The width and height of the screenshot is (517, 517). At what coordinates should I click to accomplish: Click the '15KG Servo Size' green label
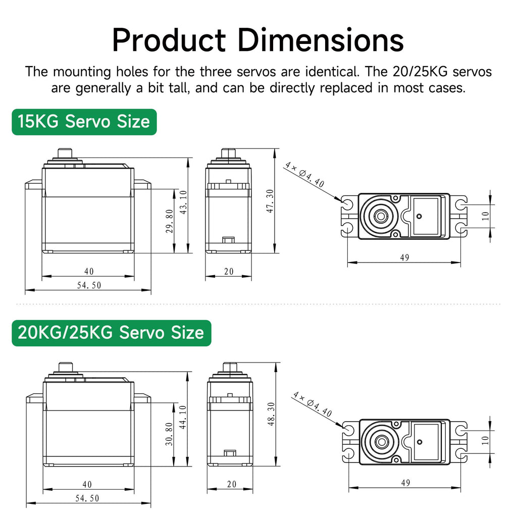(x=84, y=122)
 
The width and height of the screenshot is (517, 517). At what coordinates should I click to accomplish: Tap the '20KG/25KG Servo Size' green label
(x=112, y=333)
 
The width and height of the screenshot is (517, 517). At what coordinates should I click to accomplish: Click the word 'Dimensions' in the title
(x=320, y=40)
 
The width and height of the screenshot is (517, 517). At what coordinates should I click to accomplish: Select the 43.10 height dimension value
(x=183, y=202)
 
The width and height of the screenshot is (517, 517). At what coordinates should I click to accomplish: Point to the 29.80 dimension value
(x=170, y=221)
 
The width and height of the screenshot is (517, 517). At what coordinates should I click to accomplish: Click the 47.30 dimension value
(x=270, y=201)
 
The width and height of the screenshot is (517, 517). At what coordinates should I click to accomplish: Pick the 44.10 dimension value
(x=183, y=417)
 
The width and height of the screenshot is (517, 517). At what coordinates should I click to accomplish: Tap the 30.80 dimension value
(x=169, y=434)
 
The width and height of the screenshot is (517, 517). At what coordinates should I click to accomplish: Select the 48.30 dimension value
(x=271, y=414)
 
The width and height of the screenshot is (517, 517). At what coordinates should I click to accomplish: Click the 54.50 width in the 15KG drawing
(x=89, y=285)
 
